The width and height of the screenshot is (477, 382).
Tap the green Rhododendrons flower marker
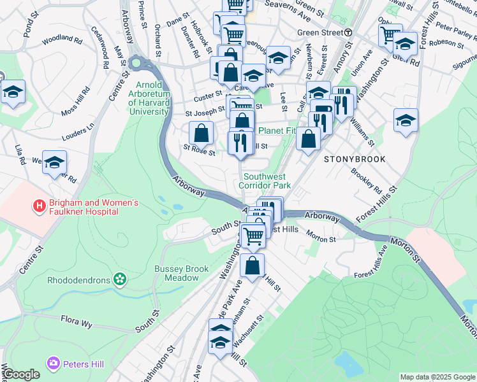pos(118,279)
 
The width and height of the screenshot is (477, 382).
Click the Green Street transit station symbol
pos(348,32)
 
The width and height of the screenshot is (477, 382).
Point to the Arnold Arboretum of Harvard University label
pos(152,98)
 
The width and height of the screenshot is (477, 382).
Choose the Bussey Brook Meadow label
pos(182,273)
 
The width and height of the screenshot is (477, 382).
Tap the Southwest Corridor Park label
pos(265,181)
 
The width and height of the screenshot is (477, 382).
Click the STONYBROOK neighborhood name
pos(355,159)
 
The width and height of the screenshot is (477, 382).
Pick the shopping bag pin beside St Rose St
pos(202,133)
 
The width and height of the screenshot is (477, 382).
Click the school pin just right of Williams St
pos(406,120)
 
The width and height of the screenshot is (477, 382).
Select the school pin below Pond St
pos(13,93)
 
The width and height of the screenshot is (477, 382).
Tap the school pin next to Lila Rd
pos(55,162)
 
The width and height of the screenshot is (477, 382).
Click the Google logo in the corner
pos(21,374)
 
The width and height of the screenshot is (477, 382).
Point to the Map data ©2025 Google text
pos(437,377)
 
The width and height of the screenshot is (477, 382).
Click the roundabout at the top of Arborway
pos(135,63)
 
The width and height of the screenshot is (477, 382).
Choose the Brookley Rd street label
pos(365,181)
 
